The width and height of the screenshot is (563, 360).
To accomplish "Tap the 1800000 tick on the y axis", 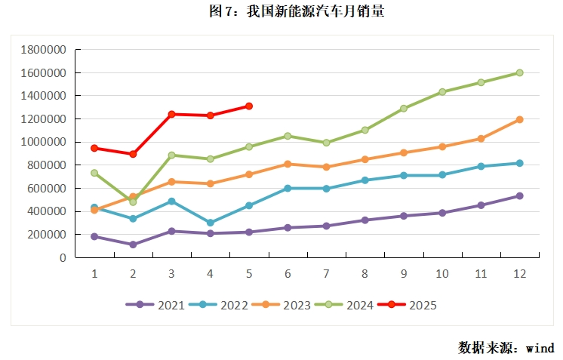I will [x=44, y=50].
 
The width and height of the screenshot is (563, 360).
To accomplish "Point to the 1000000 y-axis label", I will [x=44, y=142].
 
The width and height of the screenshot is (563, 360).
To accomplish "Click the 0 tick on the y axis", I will [x=63, y=257].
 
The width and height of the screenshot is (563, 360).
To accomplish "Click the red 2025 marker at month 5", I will [x=248, y=106].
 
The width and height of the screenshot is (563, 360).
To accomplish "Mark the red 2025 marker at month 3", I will [x=171, y=114].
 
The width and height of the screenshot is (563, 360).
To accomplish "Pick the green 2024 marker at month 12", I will [x=520, y=73].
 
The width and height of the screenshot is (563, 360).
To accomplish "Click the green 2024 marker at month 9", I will [x=404, y=108].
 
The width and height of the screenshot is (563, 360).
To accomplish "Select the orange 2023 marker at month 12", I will [x=520, y=119].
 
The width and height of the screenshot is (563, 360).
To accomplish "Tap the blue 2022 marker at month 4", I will [x=210, y=223].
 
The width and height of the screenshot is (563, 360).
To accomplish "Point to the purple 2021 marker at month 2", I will [x=133, y=245].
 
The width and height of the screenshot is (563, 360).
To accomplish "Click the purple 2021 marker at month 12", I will [x=520, y=196].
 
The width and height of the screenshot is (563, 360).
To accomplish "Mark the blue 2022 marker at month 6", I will [x=288, y=188].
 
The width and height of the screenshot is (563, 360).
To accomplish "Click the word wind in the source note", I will [x=540, y=348].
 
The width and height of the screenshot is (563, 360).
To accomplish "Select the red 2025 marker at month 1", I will [x=94, y=148].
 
